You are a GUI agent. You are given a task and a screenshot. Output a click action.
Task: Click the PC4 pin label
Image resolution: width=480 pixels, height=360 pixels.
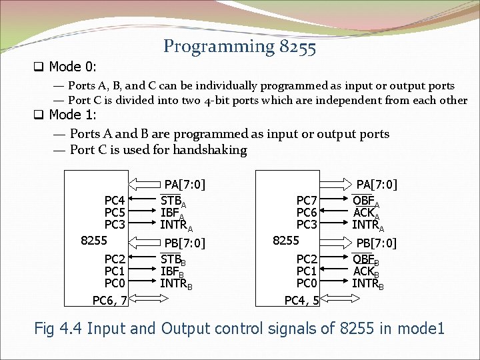click(x=115, y=200)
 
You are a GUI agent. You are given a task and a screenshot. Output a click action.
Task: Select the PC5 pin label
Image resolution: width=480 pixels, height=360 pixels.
click(x=115, y=212)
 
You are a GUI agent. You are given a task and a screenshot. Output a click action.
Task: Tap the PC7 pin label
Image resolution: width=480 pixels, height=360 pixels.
click(x=307, y=200)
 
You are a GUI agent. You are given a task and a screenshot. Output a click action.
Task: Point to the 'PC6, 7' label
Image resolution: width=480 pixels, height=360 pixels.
click(x=110, y=301)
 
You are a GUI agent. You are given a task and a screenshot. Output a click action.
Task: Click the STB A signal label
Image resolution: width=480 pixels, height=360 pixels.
click(x=173, y=200)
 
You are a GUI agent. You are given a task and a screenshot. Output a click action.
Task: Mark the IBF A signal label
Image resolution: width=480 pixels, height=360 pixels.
click(x=172, y=213)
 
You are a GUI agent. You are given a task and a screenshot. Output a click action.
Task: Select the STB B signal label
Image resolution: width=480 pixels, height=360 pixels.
click(x=173, y=259)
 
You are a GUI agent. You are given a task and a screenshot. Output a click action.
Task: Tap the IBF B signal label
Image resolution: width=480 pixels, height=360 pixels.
click(x=172, y=272)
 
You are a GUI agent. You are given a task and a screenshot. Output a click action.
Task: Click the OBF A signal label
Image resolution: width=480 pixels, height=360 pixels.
click(x=366, y=201)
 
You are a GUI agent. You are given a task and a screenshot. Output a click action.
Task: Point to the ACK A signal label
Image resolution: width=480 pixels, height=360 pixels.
click(x=366, y=213)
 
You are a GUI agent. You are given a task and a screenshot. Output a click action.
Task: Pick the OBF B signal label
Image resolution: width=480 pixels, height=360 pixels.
click(x=366, y=260)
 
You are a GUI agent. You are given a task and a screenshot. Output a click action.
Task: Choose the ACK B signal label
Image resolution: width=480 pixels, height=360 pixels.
click(x=366, y=272)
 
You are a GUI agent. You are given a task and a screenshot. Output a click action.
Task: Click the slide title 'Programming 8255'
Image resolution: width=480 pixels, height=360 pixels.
click(x=240, y=46)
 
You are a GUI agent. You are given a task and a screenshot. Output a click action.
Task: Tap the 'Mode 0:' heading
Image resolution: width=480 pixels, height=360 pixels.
click(x=73, y=67)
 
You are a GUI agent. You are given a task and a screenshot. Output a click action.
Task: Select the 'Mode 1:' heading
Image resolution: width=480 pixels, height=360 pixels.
click(x=73, y=114)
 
